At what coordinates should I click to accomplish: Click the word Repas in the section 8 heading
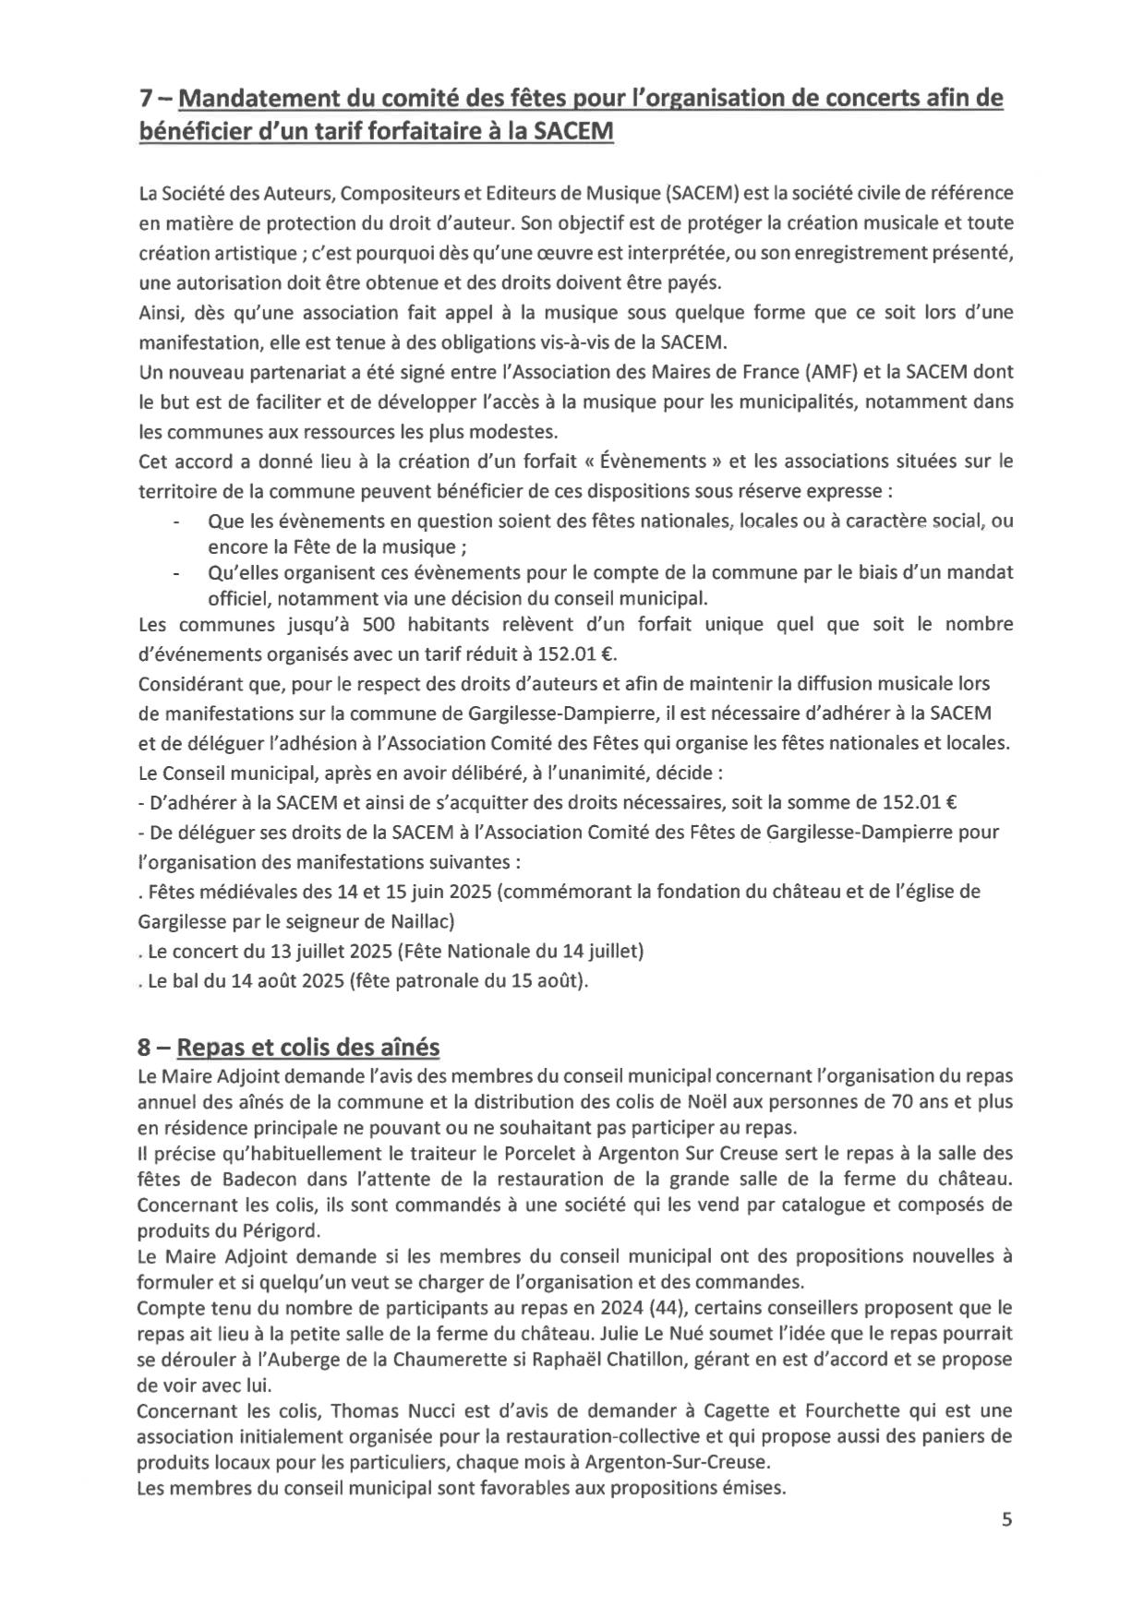206,1048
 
